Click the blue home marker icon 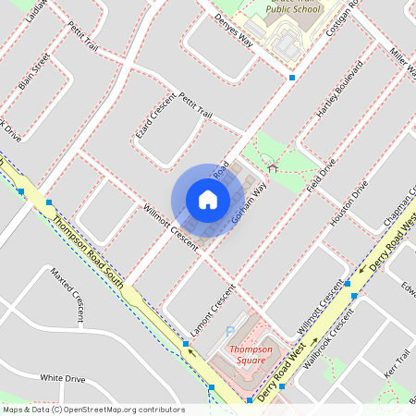click(208, 200)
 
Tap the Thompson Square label click(251, 355)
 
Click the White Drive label click(63, 378)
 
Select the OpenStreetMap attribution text click(92, 410)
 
